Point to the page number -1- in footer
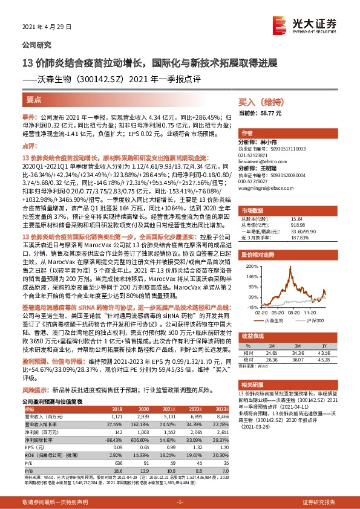180,502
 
